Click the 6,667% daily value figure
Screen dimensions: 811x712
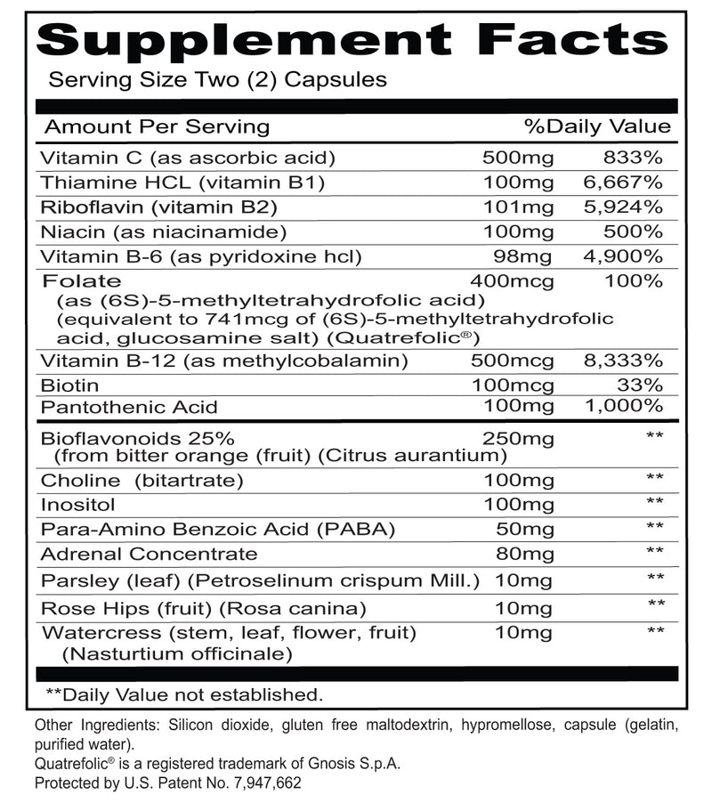click(x=622, y=183)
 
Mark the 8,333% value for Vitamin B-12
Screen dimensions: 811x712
click(x=622, y=361)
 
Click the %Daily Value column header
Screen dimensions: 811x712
click(x=597, y=126)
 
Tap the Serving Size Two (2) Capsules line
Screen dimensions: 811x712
click(x=217, y=79)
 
